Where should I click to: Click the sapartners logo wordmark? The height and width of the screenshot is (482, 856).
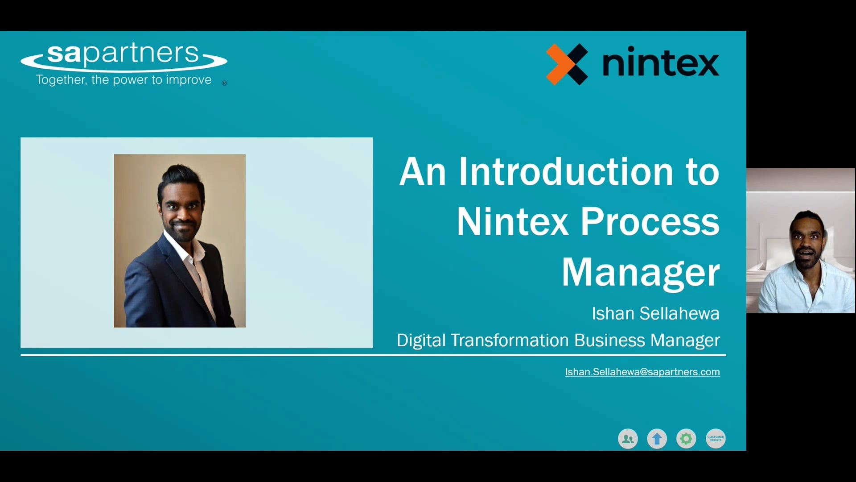coord(123,54)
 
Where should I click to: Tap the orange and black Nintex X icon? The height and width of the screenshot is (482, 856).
coord(567,64)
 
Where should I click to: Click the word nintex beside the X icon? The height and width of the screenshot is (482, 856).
coord(660,64)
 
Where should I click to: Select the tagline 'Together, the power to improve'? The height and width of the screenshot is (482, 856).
coord(123,80)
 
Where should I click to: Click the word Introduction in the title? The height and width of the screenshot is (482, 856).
coord(566,172)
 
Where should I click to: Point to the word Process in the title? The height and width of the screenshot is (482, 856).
coord(650,222)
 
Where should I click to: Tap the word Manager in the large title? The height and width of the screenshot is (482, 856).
coord(640,272)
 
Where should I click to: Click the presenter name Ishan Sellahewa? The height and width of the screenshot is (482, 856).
coord(655,313)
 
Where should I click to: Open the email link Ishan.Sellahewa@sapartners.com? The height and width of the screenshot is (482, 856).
coord(642,372)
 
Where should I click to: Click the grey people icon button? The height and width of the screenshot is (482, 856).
coord(628,439)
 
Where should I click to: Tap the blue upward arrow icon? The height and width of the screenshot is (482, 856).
coord(657,439)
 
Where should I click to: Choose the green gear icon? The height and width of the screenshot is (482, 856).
coord(686,439)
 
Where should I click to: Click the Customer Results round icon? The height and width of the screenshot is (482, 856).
coord(716,439)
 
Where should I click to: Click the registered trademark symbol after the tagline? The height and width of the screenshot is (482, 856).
coord(224,83)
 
